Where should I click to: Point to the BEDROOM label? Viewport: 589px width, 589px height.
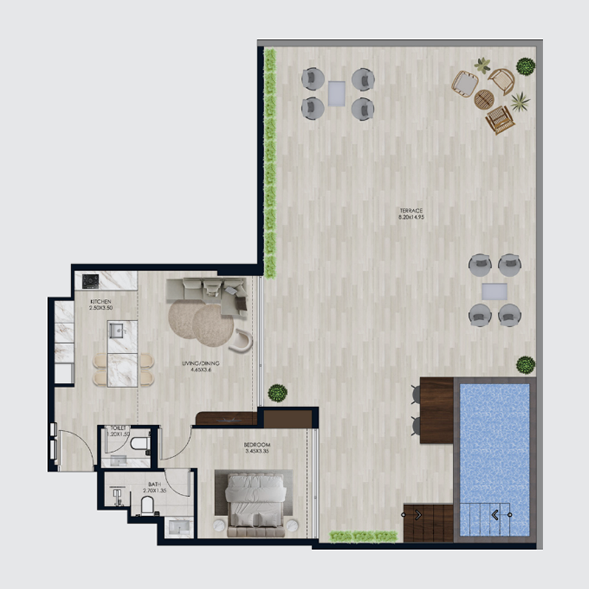pyautogui.click(x=258, y=445)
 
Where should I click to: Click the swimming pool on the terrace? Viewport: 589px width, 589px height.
pyautogui.click(x=494, y=456)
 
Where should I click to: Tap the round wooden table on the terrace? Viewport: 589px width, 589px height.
pyautogui.click(x=484, y=99)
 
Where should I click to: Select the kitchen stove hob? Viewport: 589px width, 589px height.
pyautogui.click(x=91, y=281)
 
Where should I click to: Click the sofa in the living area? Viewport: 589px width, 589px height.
pyautogui.click(x=206, y=289)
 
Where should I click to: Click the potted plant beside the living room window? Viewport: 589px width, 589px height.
pyautogui.click(x=277, y=392)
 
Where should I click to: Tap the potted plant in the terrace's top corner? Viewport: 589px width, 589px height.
pyautogui.click(x=525, y=67)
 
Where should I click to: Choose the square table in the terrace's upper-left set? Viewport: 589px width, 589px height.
pyautogui.click(x=337, y=93)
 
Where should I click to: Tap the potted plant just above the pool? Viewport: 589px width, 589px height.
pyautogui.click(x=525, y=364)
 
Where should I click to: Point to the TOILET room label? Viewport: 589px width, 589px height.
pyautogui.click(x=117, y=428)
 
